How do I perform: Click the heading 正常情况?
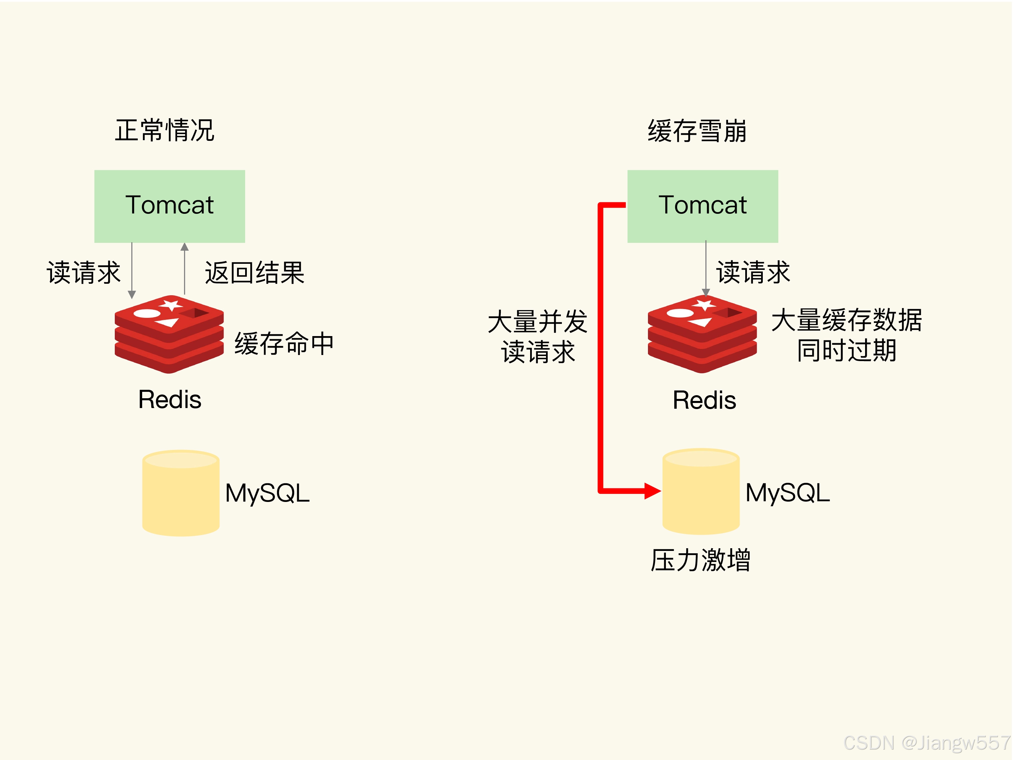pos(164,131)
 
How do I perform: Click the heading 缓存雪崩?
pos(697,131)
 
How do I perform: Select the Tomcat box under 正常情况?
pos(170,206)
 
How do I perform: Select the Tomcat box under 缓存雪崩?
pos(702,206)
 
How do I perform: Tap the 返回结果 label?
pos(255,273)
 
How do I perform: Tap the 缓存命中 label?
pos(284,344)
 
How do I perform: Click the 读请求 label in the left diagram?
pos(83,273)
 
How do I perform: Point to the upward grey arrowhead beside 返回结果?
pos(185,247)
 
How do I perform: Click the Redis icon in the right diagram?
pos(702,334)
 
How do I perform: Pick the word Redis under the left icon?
pos(170,400)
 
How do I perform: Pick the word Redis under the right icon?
pos(704,400)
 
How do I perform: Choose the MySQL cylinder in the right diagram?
pos(701,491)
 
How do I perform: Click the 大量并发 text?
pos(538,322)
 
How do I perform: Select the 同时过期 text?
pos(846,351)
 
